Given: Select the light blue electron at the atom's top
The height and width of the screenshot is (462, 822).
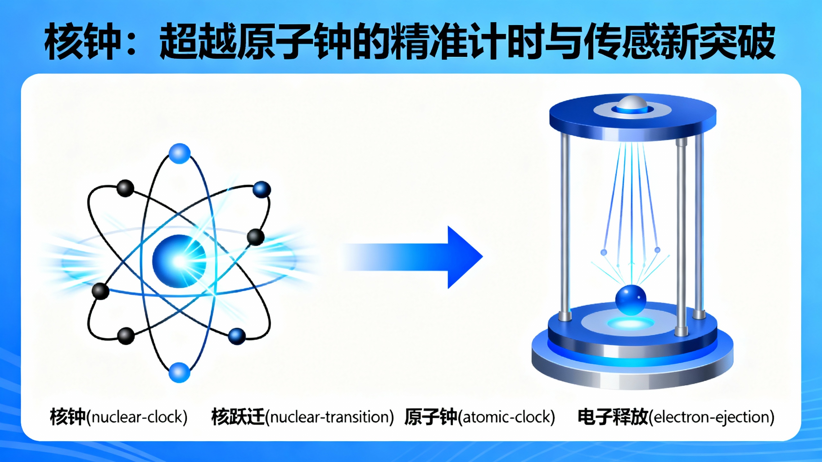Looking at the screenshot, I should pos(179,153).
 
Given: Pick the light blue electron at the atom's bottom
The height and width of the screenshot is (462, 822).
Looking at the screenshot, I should pos(179,372).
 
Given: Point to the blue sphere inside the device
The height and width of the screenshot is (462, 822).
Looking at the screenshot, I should pos(631,300).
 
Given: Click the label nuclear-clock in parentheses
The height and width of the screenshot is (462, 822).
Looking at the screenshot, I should pos(139,417).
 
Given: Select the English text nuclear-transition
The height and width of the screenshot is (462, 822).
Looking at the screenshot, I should pos(331,417).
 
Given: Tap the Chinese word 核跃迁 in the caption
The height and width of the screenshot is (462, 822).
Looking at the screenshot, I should pos(238,417).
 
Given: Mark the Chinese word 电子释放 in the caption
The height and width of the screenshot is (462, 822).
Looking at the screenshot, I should pos(612,417).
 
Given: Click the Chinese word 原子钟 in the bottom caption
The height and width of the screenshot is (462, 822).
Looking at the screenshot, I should pos(431,417).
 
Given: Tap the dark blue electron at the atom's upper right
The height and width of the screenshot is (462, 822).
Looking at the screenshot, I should pos(261,189).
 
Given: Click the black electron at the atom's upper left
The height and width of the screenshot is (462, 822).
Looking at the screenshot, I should pos(125,188).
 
